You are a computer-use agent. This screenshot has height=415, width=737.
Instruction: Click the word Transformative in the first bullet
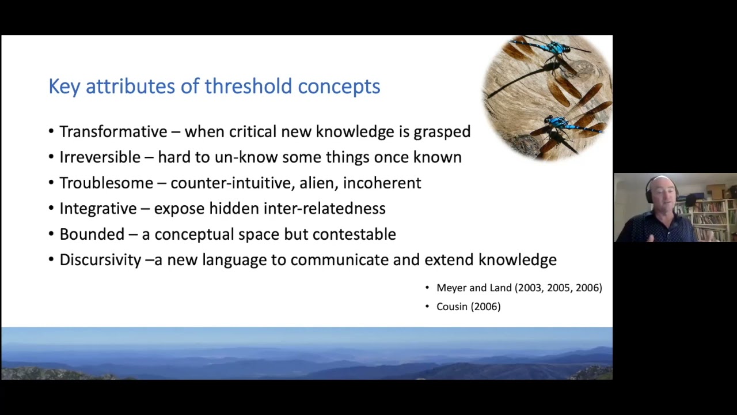click(x=113, y=131)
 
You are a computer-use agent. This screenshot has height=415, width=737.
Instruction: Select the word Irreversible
click(x=100, y=157)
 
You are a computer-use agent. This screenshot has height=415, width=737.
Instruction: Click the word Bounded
click(x=92, y=234)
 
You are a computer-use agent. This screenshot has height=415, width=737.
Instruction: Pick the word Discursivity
click(x=100, y=259)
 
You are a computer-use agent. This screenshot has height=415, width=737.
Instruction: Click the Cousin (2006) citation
click(x=468, y=307)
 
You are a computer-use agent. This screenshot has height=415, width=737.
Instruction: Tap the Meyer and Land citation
click(x=519, y=288)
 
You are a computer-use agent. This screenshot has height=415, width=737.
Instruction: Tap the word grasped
click(x=442, y=132)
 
